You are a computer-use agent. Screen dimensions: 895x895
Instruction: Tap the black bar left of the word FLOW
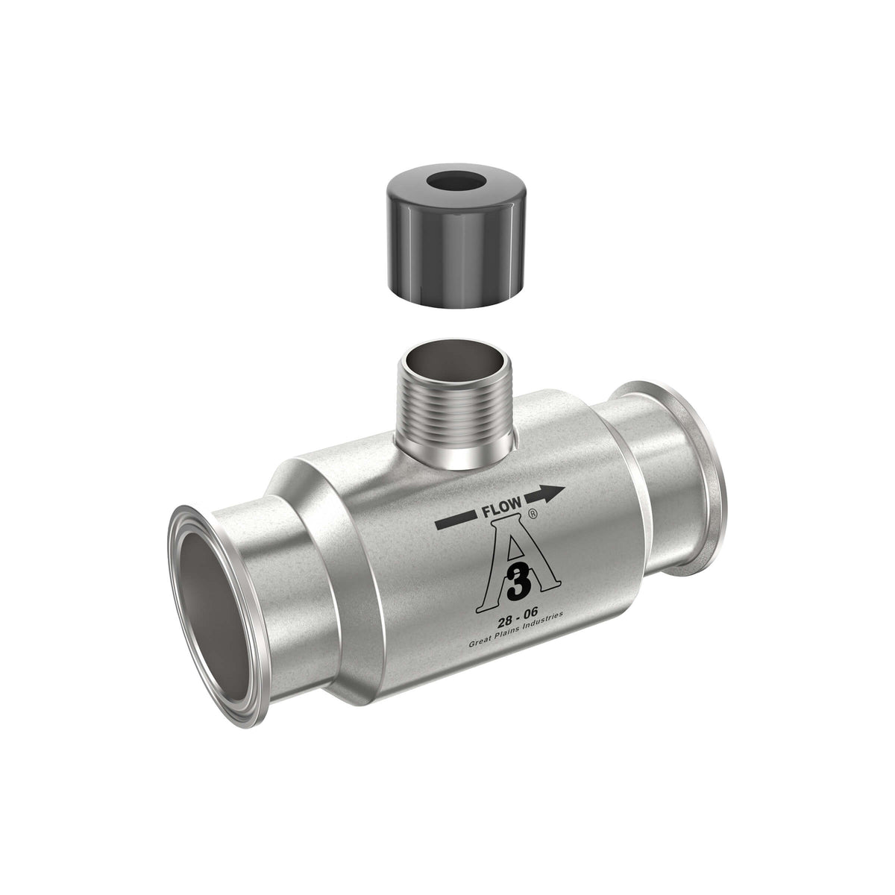tap(455, 521)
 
